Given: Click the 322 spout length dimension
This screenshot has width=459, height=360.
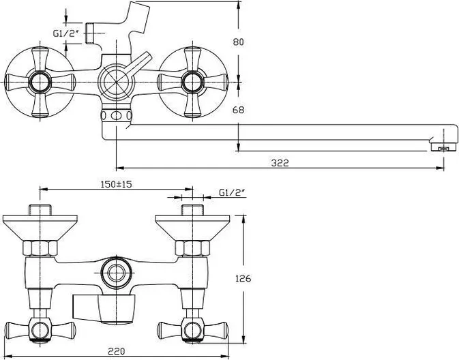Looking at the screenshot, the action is pyautogui.click(x=280, y=163).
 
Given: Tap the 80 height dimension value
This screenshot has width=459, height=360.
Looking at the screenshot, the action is pyautogui.click(x=238, y=42).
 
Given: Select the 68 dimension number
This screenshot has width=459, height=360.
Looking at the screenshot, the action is pyautogui.click(x=238, y=110).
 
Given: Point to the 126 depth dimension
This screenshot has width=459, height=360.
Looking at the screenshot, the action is pyautogui.click(x=243, y=278).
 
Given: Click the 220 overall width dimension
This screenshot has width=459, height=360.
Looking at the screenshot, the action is pyautogui.click(x=117, y=350).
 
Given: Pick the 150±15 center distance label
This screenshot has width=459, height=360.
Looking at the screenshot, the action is pyautogui.click(x=116, y=184).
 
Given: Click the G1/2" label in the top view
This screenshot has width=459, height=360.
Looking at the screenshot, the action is pyautogui.click(x=66, y=33).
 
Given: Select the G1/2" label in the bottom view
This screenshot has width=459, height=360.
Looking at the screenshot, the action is pyautogui.click(x=232, y=192).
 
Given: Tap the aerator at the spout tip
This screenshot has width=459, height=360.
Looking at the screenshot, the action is pyautogui.click(x=444, y=147).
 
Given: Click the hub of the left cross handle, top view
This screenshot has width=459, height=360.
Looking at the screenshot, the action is pyautogui.click(x=40, y=82).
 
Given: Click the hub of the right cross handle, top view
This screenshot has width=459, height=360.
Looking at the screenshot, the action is pyautogui.click(x=192, y=82).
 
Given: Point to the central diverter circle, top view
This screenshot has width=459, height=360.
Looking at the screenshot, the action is pyautogui.click(x=116, y=82).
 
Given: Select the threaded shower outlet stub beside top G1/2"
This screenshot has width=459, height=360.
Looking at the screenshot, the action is pyautogui.click(x=89, y=33).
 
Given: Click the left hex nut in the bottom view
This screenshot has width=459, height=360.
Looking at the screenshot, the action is pyautogui.click(x=40, y=248).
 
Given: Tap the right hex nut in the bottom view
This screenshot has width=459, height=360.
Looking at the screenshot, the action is pyautogui.click(x=192, y=248).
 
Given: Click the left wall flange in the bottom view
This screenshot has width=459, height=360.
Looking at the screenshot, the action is pyautogui.click(x=40, y=228).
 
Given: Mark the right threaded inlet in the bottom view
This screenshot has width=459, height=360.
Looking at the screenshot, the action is pyautogui.click(x=192, y=211).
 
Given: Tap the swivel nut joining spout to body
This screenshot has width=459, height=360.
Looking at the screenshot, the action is pyautogui.click(x=116, y=116).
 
